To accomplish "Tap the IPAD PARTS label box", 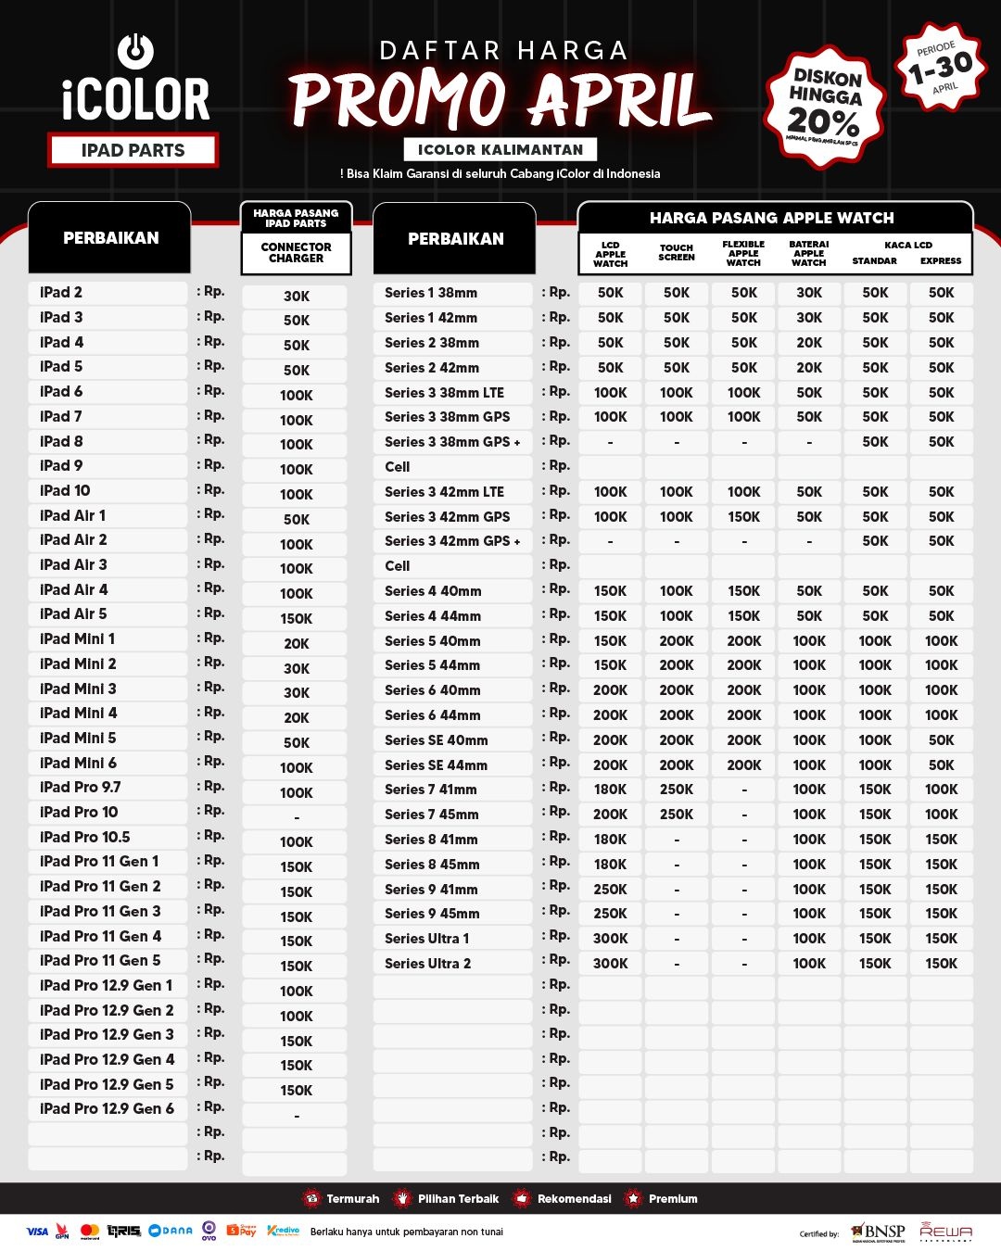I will coord(133,150).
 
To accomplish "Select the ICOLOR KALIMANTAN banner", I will coord(500,149).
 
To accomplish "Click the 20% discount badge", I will coord(824,107).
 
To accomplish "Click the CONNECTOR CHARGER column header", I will coord(296,253).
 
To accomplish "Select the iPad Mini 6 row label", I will coord(79,763).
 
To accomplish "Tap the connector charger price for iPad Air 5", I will coord(297,618).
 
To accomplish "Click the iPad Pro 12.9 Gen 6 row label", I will coord(107,1108).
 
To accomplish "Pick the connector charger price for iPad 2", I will coord(297,297).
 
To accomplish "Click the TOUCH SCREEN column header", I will coord(677,253).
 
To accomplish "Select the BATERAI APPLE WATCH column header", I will coord(808,253).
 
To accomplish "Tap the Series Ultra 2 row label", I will coord(428,964).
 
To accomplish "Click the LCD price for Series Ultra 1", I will coord(610,939).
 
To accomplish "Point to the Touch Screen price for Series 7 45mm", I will coord(677,815).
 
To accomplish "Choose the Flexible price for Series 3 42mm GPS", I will coord(743,517).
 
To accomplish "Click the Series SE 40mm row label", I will coord(437,740).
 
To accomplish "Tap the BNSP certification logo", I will coord(879,1232).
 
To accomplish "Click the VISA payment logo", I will coord(37,1232).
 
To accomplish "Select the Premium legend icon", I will coord(634,1199).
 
